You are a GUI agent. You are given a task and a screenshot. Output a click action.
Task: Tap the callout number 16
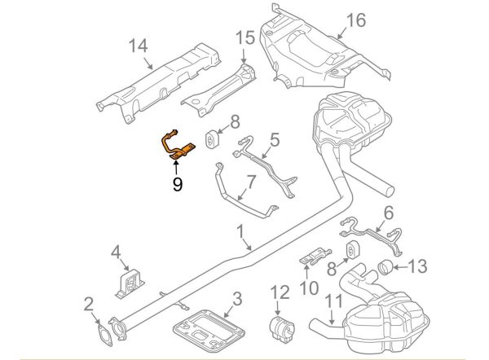pyautogui.click(x=356, y=20)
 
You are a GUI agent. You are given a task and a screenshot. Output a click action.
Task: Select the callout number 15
pyautogui.click(x=245, y=37)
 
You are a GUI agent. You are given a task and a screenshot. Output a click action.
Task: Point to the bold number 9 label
pyautogui.click(x=177, y=184)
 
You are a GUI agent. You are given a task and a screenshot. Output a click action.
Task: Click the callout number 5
pyautogui.click(x=274, y=140)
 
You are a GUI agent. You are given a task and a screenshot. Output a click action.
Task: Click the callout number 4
pyautogui.click(x=116, y=251)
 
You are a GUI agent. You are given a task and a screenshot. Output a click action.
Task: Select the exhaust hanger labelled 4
pyautogui.click(x=129, y=284)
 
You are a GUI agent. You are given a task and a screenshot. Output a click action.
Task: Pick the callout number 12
pyautogui.click(x=280, y=291)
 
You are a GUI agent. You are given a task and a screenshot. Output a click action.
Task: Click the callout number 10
pyautogui.click(x=308, y=287)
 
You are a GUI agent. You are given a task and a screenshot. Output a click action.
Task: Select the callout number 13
pyautogui.click(x=416, y=265)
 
